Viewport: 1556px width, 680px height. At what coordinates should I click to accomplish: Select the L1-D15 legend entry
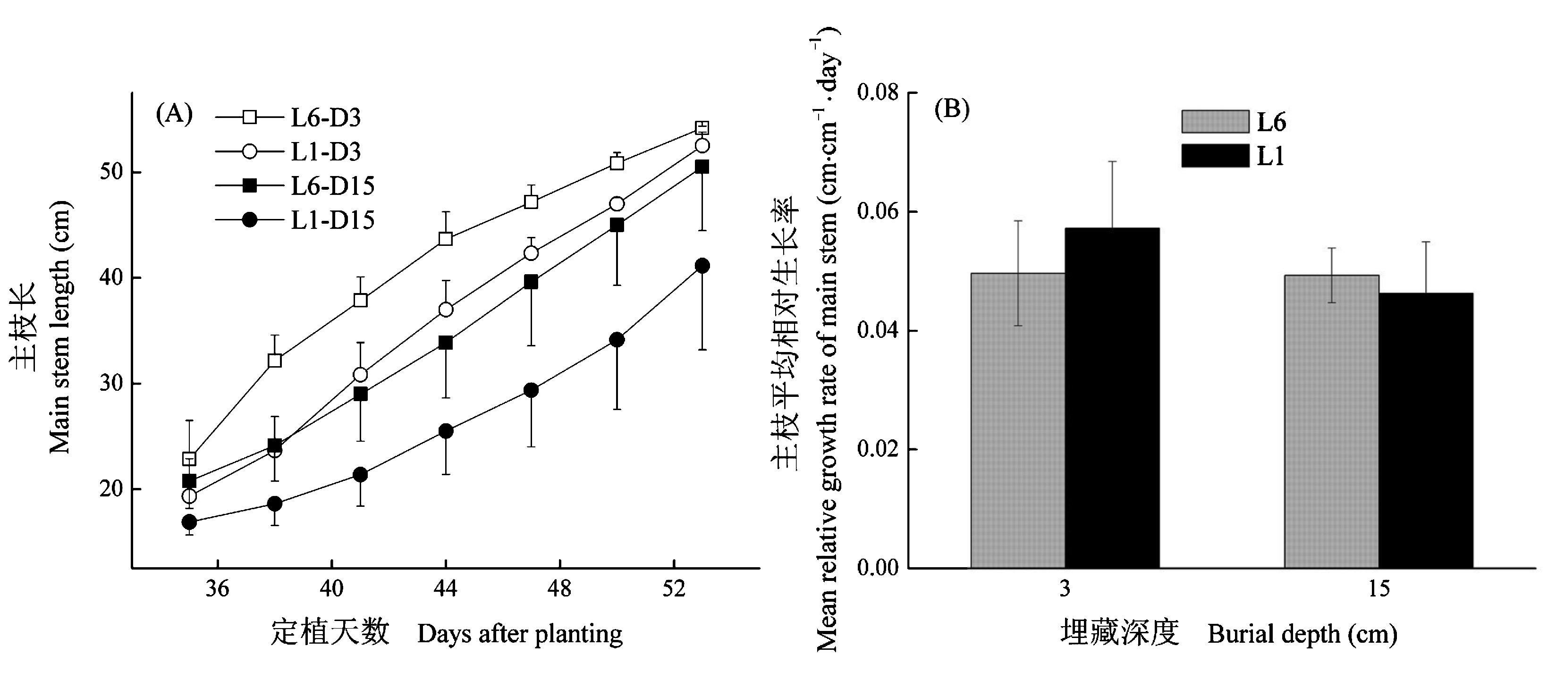(x=332, y=220)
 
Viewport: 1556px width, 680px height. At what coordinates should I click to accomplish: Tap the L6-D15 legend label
(x=332, y=186)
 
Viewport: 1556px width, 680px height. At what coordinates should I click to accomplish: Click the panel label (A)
(x=174, y=114)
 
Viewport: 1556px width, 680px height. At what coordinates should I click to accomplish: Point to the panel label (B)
(x=951, y=109)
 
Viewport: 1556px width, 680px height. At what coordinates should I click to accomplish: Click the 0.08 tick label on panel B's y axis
(x=877, y=93)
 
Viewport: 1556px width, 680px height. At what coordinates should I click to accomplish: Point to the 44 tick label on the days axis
(x=445, y=588)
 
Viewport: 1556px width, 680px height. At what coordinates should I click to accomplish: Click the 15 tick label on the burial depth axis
(x=1378, y=588)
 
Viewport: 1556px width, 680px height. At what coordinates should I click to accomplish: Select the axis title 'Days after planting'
(x=519, y=634)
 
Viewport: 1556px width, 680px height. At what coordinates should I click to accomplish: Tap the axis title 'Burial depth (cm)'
(x=1302, y=634)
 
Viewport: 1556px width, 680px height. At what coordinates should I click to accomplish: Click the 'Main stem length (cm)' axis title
(x=60, y=326)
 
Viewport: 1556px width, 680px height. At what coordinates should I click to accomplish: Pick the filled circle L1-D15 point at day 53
(x=702, y=266)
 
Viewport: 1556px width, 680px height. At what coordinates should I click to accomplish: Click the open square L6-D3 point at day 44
(x=446, y=239)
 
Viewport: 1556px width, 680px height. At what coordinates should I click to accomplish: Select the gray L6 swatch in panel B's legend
(x=1215, y=121)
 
